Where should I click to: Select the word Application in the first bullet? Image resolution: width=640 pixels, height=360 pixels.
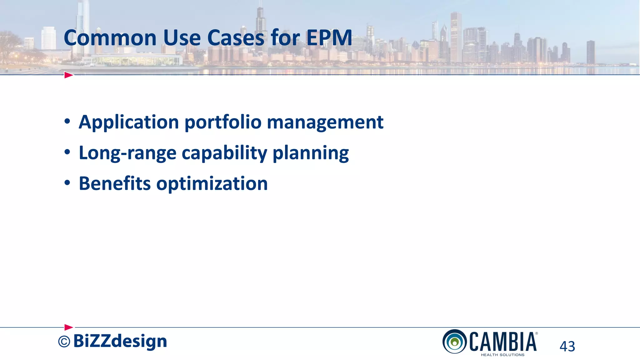(128, 122)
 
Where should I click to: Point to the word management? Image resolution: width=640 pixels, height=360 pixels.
(325, 122)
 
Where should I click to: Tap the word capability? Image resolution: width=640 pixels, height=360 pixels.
(224, 153)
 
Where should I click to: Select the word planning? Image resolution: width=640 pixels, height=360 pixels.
(311, 153)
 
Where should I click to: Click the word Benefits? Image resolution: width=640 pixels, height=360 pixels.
(115, 183)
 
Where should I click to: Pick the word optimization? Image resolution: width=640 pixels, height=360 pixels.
(212, 184)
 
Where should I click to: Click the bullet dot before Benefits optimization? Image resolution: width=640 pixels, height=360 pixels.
(67, 183)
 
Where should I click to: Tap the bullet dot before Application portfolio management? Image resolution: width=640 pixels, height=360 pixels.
(67, 122)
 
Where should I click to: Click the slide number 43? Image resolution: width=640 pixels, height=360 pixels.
(567, 346)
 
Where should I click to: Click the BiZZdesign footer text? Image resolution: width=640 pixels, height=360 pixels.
(120, 341)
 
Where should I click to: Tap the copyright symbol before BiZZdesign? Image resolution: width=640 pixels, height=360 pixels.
(64, 342)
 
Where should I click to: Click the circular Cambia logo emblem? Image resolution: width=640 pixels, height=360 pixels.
(455, 342)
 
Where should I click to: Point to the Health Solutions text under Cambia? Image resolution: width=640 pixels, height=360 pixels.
(502, 355)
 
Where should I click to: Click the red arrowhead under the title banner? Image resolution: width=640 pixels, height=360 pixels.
(68, 75)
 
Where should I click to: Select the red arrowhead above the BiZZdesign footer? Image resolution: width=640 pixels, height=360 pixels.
(68, 327)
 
